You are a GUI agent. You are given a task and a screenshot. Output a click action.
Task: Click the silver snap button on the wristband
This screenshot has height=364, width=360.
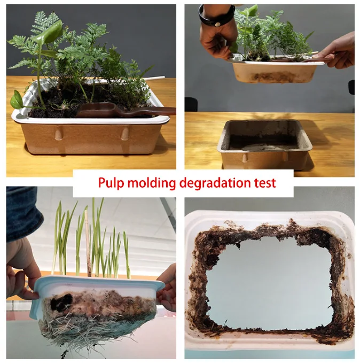[x=217, y=24]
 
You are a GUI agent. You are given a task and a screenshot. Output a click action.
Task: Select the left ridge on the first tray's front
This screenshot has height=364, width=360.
[x=58, y=133]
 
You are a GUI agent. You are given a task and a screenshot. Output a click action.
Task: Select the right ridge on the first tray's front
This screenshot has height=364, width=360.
[x=124, y=133]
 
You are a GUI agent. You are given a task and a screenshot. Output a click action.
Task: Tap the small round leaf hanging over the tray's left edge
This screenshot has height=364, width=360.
[x=16, y=99]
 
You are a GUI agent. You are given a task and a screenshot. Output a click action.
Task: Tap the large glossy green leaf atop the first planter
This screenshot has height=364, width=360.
[x=50, y=33]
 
